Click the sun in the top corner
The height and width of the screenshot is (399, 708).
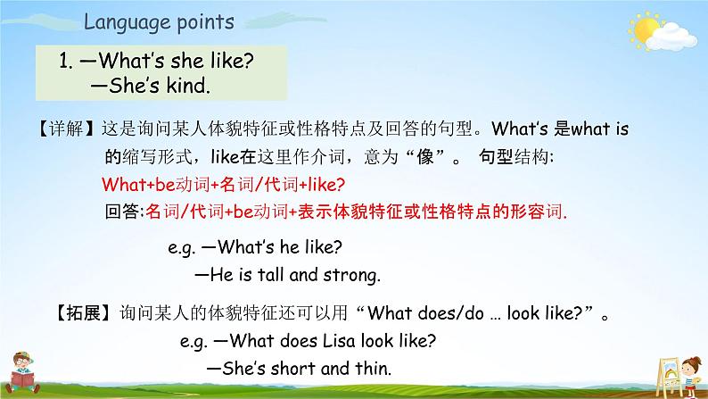click(x=644, y=29)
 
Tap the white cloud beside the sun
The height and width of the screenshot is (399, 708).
click(x=671, y=37)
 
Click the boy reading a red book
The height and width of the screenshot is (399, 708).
click(x=22, y=373)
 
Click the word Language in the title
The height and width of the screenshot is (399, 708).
click(x=126, y=22)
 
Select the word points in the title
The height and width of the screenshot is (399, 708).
click(x=205, y=22)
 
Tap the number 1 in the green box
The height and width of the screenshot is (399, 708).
click(x=64, y=61)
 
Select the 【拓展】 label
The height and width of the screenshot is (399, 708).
click(x=83, y=312)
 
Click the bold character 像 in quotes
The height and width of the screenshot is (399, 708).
click(x=425, y=157)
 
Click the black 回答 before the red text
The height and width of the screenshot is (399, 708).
click(x=122, y=211)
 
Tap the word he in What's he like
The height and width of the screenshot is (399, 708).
click(x=290, y=246)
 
